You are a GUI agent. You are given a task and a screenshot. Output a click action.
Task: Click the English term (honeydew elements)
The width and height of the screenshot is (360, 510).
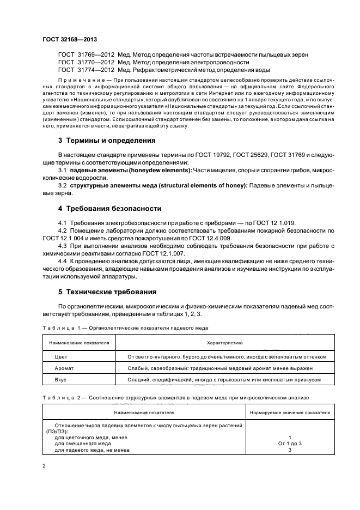[150, 171]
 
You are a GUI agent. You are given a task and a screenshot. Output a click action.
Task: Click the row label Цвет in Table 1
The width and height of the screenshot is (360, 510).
[62, 356]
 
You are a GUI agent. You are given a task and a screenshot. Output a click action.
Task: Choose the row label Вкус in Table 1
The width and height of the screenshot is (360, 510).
[61, 379]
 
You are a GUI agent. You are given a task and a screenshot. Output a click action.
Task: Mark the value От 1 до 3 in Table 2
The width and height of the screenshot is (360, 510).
[290, 443]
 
